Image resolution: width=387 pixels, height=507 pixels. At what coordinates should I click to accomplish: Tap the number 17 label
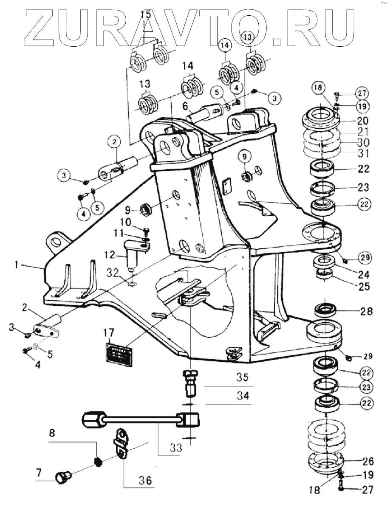(x=110, y=332)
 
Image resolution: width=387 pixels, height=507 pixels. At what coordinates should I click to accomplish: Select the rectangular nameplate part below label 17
(x=119, y=355)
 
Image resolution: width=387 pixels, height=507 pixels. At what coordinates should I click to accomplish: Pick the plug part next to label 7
(x=63, y=476)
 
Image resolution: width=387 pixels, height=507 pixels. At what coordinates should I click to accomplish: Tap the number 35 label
(x=242, y=377)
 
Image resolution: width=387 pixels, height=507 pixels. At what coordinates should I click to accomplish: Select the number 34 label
(x=243, y=395)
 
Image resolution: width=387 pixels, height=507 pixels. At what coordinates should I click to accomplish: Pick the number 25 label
(x=364, y=287)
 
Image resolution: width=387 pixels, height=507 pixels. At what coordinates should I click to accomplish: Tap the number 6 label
(x=185, y=106)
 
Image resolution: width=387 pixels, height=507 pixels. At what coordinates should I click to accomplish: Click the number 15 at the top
(x=146, y=14)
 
